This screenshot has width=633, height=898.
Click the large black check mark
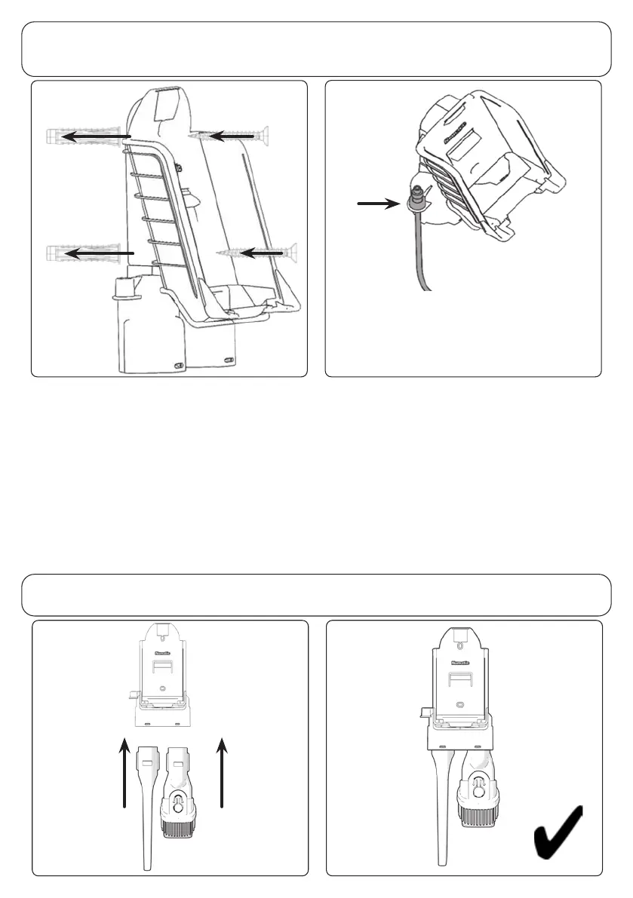pyautogui.click(x=558, y=833)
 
